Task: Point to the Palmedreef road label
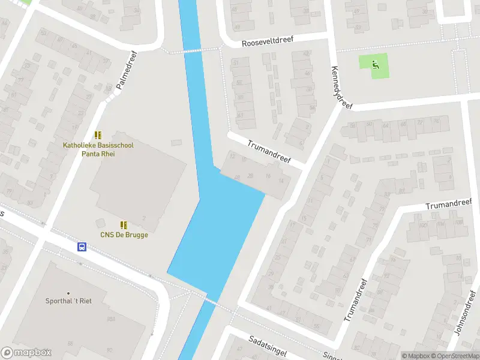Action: click(127, 70)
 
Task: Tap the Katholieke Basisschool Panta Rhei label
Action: click(98, 149)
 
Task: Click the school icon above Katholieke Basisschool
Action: click(98, 136)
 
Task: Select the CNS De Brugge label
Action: click(124, 235)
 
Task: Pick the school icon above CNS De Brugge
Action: click(124, 225)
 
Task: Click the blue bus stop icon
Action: click(82, 247)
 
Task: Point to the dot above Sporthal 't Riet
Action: click(68, 293)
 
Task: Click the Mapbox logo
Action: click(26, 353)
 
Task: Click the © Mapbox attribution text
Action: click(416, 356)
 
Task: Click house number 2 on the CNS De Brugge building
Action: click(144, 218)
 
